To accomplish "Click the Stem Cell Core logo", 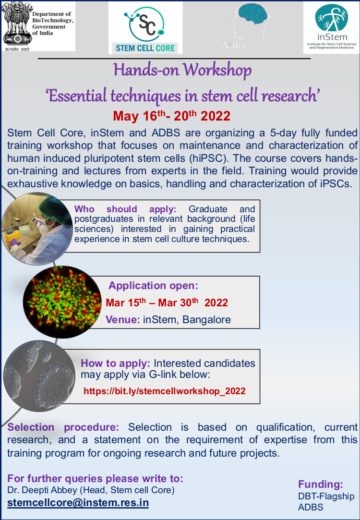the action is [x=145, y=28].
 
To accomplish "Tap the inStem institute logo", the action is [x=331, y=27].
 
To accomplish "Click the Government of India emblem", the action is [x=17, y=26].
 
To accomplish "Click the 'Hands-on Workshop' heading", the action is [x=182, y=70].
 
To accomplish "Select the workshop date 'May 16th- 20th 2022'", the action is [x=171, y=116].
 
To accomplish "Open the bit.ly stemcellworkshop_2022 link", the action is [x=165, y=391].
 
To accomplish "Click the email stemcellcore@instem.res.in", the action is [x=78, y=502].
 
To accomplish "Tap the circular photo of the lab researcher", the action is [x=37, y=229].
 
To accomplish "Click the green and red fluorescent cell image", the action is [x=62, y=302].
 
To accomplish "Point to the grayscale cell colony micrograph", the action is [x=39, y=376].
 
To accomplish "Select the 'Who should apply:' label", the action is [x=125, y=209].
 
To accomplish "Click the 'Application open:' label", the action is [x=153, y=286].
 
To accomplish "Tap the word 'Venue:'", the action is [x=123, y=320].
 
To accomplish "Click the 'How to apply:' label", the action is [x=115, y=363].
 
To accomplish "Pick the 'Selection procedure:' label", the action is [x=63, y=427].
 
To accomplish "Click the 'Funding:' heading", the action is [x=321, y=484].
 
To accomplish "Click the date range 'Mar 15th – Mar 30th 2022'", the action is [x=167, y=302].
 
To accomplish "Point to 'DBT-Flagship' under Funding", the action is [x=326, y=496].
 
